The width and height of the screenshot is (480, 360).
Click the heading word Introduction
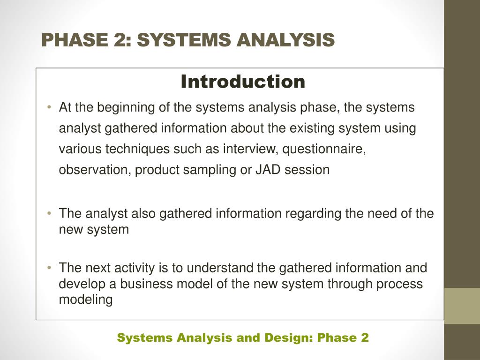pos(243,82)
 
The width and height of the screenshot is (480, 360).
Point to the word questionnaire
pos(324,150)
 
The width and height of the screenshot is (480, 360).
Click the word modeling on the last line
pos(86,300)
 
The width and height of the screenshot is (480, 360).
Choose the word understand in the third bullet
pos(220,268)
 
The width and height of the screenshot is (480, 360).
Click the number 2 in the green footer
pos(365,337)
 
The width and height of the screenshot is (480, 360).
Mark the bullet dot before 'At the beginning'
pos(49,107)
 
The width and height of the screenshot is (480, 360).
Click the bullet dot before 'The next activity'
pos(49,268)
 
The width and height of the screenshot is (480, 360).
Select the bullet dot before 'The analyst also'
pos(49,213)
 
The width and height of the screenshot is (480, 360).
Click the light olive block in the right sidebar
pos(462,306)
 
